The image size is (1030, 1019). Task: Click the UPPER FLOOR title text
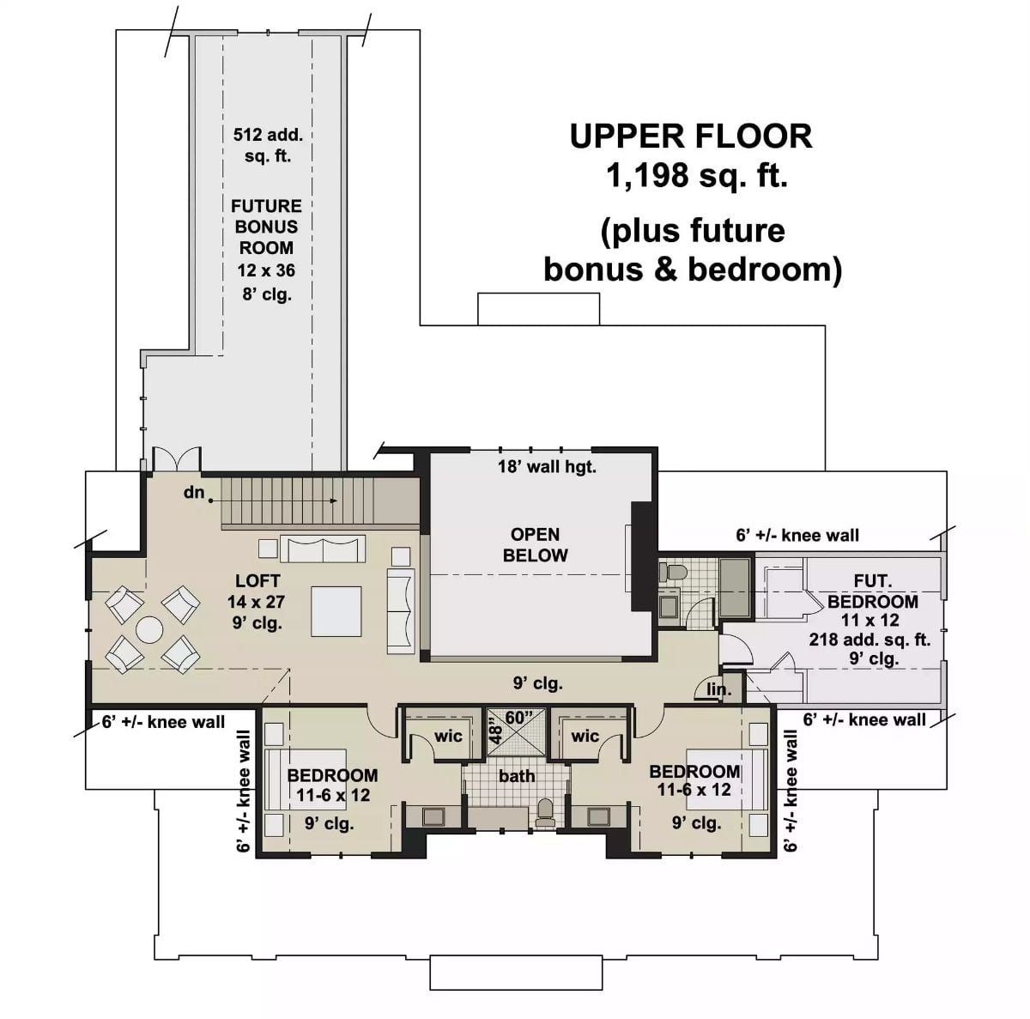click(x=691, y=136)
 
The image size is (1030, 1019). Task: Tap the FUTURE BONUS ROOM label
click(x=266, y=227)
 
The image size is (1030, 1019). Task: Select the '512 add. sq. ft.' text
click(x=267, y=145)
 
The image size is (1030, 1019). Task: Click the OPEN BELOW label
click(x=535, y=545)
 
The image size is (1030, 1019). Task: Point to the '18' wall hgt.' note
click(x=547, y=467)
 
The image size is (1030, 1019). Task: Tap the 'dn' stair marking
click(x=194, y=493)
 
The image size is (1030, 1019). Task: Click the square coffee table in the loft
click(x=336, y=610)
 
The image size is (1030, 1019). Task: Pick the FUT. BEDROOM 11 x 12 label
click(x=872, y=601)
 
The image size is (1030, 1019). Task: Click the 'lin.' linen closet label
click(x=718, y=689)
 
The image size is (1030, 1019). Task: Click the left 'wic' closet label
click(x=448, y=736)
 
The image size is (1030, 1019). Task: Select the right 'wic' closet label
click(x=585, y=736)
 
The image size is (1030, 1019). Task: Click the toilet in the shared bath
click(x=545, y=812)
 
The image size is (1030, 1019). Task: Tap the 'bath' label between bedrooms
click(x=517, y=776)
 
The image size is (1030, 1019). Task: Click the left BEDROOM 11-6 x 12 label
click(x=332, y=785)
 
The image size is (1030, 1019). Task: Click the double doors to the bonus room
click(x=177, y=459)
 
